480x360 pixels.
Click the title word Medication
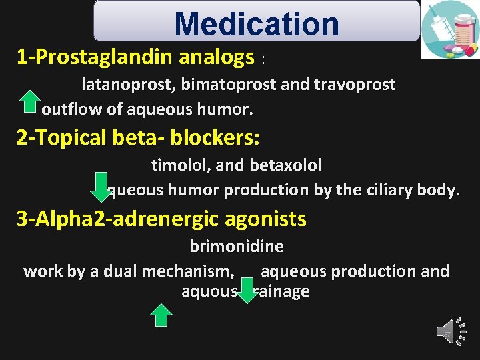[x=257, y=24]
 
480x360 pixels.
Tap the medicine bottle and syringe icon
[x=450, y=29]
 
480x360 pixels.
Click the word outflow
[x=69, y=108]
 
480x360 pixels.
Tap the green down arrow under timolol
[x=99, y=185]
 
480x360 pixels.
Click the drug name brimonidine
[x=236, y=246]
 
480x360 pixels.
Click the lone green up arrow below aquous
[x=161, y=314]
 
